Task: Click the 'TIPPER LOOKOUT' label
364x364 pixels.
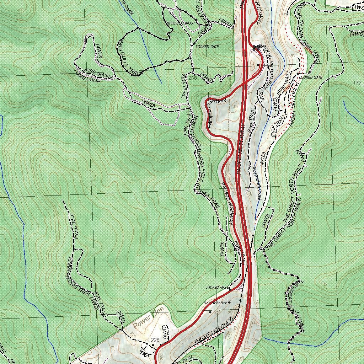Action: (x=181, y=23)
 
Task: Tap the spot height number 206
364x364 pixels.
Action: (x=193, y=78)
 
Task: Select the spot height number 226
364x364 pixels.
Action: (x=155, y=340)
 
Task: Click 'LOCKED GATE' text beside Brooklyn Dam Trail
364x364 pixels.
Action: (x=311, y=77)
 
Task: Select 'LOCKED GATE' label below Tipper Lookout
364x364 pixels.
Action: (x=207, y=47)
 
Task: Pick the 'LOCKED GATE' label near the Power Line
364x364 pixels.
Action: (x=217, y=287)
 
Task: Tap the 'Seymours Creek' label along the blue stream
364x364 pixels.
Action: (x=257, y=184)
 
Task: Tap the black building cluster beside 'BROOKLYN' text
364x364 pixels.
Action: (x=257, y=47)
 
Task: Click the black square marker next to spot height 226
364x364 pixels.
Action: (x=153, y=345)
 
